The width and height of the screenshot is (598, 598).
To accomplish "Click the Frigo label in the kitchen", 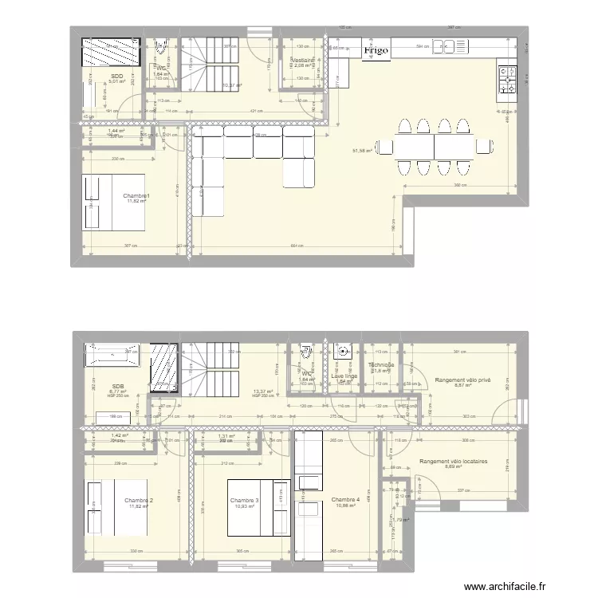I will tap(376, 51).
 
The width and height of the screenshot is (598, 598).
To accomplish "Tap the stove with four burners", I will tap(507, 77).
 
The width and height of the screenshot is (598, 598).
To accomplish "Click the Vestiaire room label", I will tap(304, 60).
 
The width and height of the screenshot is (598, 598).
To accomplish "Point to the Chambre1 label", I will tap(136, 195).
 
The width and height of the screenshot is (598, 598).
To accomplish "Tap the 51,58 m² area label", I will tap(363, 149).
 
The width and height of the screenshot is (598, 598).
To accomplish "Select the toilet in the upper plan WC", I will tap(162, 46).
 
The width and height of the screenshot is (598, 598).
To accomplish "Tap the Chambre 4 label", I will tap(346, 500).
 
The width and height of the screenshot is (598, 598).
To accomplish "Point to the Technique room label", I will tap(380, 365).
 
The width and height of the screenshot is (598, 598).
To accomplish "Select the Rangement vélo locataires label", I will tap(453, 461).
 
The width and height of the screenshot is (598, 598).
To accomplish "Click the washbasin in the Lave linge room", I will tap(344, 350).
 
